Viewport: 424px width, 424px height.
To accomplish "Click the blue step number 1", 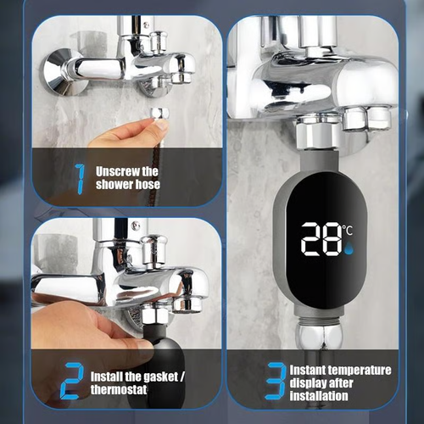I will point(80,178).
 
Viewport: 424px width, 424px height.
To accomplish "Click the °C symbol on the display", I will point(349,230).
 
